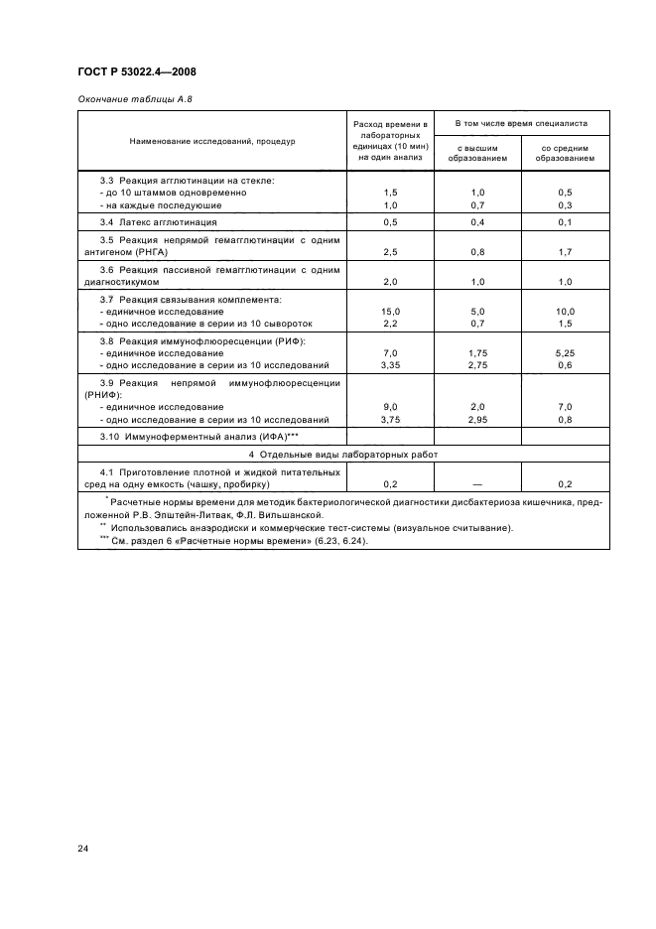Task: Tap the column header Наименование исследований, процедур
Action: (x=212, y=141)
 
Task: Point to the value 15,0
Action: (x=390, y=312)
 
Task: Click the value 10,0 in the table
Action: (x=566, y=312)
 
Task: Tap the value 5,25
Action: (x=566, y=353)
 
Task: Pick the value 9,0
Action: (x=390, y=407)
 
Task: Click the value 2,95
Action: (x=476, y=420)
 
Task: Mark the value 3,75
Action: (x=390, y=420)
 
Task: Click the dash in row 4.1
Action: (x=476, y=484)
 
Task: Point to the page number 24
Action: (x=83, y=848)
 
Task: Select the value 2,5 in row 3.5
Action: (x=390, y=253)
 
